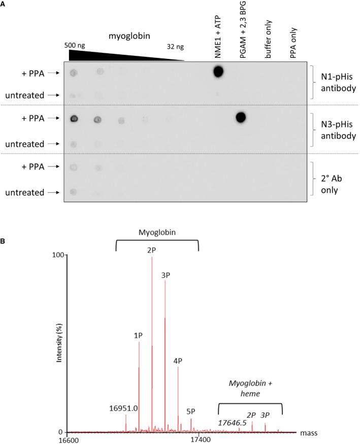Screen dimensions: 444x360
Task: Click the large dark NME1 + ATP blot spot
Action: tap(218, 72)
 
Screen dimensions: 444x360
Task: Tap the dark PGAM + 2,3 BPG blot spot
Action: tap(241, 118)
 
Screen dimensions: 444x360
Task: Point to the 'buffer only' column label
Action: tap(269, 41)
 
